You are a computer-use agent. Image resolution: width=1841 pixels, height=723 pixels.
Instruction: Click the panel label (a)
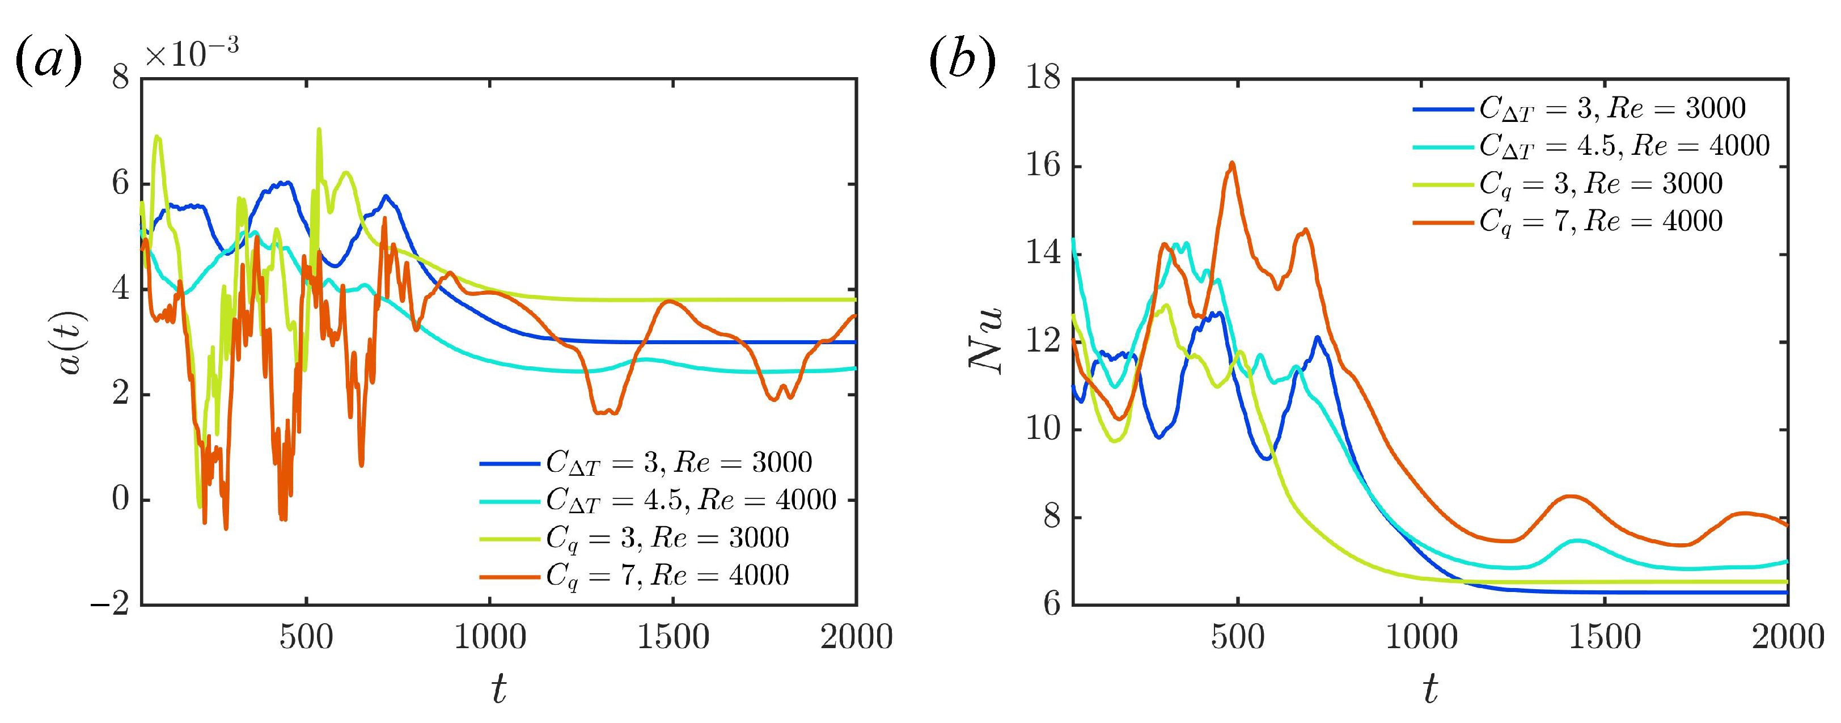pyautogui.click(x=49, y=62)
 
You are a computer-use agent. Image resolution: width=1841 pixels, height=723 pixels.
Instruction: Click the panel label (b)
pyautogui.click(x=962, y=62)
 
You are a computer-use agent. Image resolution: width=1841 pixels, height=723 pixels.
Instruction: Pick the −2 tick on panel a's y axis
pyautogui.click(x=110, y=604)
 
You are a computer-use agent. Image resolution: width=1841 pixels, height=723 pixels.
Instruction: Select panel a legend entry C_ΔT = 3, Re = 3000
pyautogui.click(x=679, y=463)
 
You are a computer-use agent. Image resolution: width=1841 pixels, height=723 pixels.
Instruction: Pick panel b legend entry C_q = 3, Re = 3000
pyautogui.click(x=1601, y=184)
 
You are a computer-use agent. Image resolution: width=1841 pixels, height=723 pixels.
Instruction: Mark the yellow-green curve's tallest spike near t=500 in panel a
pyautogui.click(x=319, y=130)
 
